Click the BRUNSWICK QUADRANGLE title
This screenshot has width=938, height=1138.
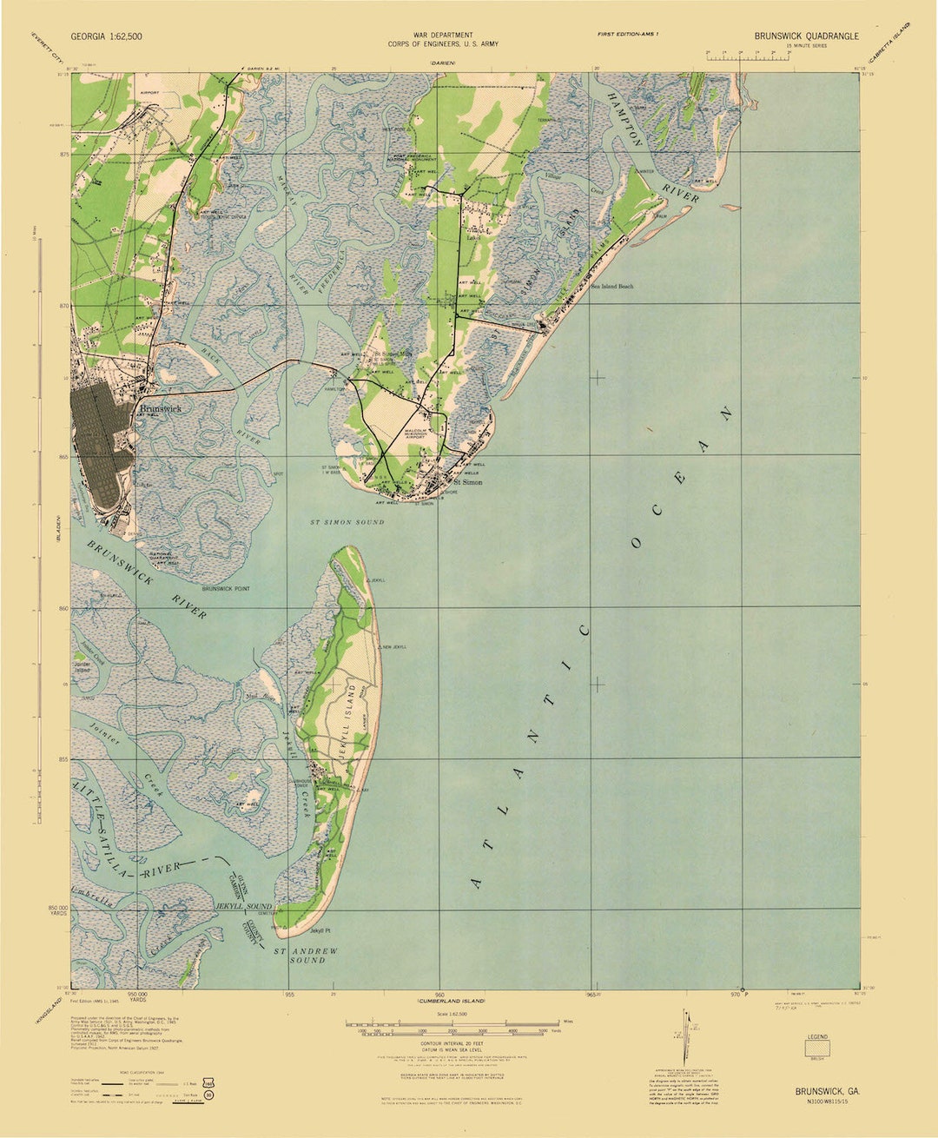[x=806, y=36]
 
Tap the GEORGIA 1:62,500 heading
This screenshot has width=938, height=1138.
[x=107, y=36]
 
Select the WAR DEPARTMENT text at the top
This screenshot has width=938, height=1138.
[x=443, y=34]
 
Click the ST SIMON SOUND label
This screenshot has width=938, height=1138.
[x=347, y=522]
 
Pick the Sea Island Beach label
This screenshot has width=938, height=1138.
[x=612, y=286]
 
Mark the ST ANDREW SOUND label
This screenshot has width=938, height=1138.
[x=307, y=956]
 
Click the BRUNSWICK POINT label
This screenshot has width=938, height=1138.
[x=226, y=589]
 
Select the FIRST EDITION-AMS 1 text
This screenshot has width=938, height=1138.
[x=628, y=33]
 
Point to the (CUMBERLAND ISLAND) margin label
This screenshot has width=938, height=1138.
[x=449, y=1002]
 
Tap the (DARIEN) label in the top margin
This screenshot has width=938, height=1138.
[x=444, y=63]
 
